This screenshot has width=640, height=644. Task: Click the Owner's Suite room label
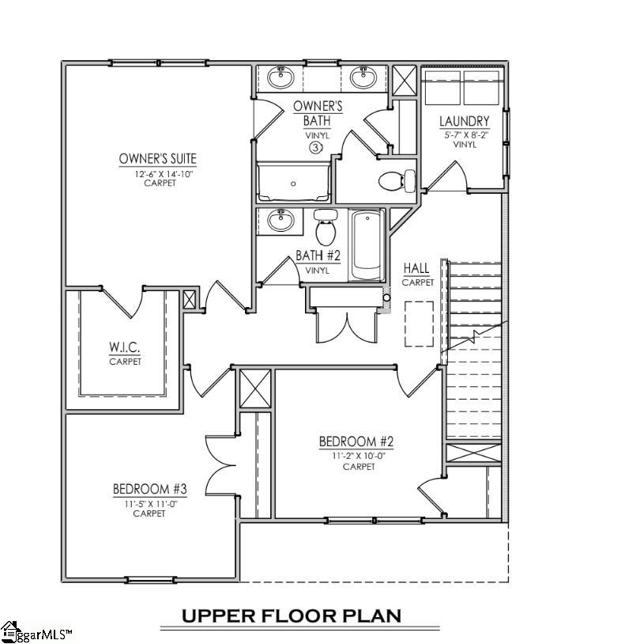157,159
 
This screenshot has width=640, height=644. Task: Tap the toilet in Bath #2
325,227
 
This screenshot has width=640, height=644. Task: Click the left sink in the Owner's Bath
280,78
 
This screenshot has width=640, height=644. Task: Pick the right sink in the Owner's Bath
363,78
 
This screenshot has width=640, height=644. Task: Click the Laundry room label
465,121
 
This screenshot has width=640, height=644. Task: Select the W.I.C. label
125,347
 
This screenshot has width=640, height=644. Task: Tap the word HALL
416,268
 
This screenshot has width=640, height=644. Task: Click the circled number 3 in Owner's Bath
315,147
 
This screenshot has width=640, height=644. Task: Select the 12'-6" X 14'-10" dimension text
158,172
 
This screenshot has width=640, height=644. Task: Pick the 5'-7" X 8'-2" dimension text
465,134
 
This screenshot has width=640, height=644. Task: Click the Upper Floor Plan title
292,616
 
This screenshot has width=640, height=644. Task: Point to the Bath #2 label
318,256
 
